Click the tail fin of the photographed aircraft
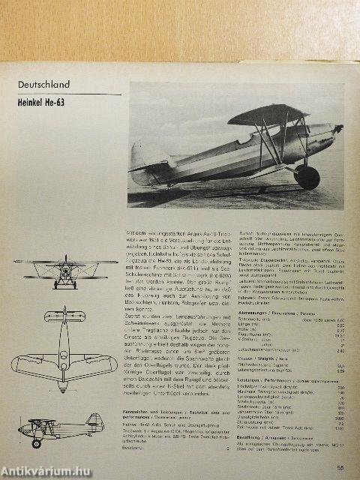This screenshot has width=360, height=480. click(x=142, y=155)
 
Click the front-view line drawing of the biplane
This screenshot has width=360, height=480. click(x=66, y=271)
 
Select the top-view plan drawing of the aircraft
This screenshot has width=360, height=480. click(x=64, y=349)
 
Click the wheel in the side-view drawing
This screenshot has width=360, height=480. click(x=36, y=442)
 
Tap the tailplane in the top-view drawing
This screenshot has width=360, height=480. click(x=64, y=316)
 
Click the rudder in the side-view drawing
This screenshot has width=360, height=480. click(x=96, y=421)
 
